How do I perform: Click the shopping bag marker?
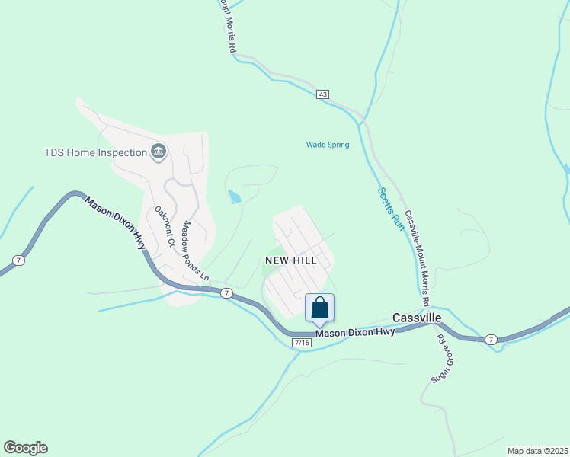[320, 308]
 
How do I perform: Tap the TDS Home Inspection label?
[94, 152]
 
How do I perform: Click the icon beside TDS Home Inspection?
[159, 152]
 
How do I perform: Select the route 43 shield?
[323, 94]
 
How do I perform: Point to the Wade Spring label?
[328, 145]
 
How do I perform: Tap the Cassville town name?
[418, 317]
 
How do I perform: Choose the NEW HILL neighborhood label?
[290, 260]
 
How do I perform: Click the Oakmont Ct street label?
[165, 226]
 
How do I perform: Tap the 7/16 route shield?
[302, 343]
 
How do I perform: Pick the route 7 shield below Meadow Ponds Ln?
[226, 292]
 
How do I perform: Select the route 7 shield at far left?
[18, 260]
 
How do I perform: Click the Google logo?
[25, 448]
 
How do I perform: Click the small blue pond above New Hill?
[235, 197]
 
